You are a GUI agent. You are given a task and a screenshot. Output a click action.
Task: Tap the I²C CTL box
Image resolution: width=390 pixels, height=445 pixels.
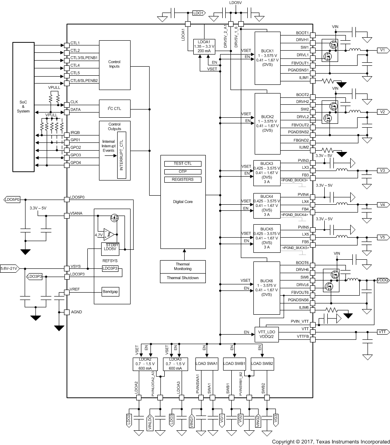tap(114, 109)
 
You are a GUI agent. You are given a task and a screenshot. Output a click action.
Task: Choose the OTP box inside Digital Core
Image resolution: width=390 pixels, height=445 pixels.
tap(182, 171)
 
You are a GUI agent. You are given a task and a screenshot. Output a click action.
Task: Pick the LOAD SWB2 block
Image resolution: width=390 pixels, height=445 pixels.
tap(262, 364)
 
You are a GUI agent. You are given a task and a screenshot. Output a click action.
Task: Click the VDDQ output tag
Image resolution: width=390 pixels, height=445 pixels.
tap(383, 280)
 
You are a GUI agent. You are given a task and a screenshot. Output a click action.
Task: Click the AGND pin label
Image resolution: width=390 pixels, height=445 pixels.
tap(77, 312)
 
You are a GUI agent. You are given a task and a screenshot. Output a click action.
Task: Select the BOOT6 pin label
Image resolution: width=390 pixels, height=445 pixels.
tap(302, 263)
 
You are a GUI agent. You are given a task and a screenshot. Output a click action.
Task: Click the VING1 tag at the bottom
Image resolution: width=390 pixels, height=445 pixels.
tap(192, 421)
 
